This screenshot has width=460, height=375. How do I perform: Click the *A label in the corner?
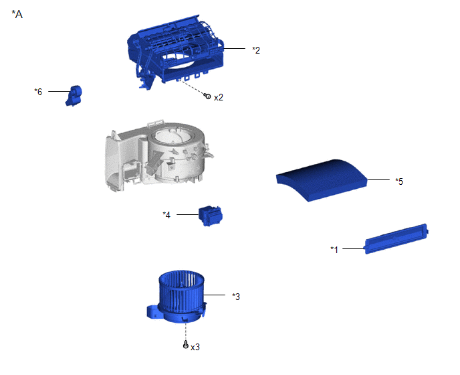17,14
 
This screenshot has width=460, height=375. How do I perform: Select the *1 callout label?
334,250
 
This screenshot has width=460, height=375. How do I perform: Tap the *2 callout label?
256,50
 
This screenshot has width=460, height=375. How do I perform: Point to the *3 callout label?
236,297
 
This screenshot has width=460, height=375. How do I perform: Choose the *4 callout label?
166,215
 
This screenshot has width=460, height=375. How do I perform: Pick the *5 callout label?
399,181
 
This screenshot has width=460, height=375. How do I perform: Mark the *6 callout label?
38,92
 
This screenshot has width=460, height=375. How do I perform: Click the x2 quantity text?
219,97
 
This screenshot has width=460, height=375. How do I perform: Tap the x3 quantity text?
195,348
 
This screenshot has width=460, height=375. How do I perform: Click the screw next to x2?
208,96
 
